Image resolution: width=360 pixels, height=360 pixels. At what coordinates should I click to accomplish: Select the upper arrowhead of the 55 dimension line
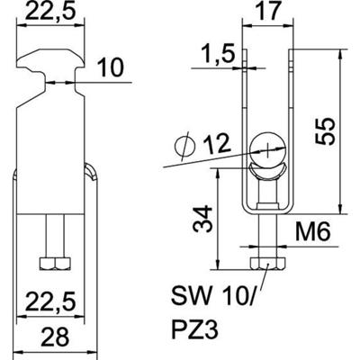(339, 57)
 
